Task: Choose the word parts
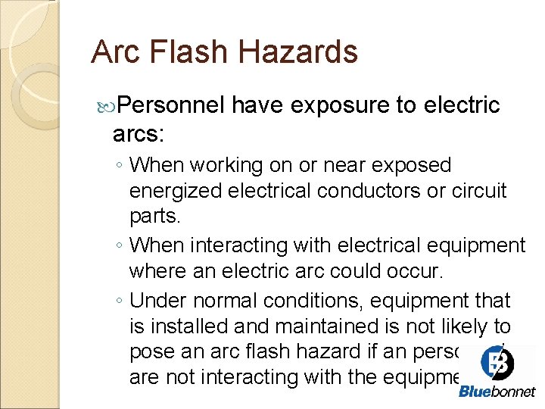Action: coord(154,217)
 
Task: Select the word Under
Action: coord(158,301)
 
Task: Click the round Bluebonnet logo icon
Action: coord(497,362)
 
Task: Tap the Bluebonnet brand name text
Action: coord(497,392)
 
